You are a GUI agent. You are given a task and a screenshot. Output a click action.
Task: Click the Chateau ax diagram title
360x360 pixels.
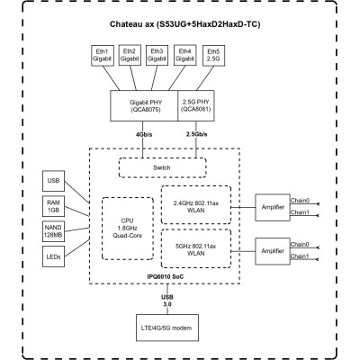pos(179,24)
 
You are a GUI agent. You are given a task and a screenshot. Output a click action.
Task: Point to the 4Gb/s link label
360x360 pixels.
pos(144,135)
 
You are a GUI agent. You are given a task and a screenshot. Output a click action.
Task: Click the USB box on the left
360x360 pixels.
pos(54,182)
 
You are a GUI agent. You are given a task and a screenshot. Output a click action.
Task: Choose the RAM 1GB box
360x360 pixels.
pos(54,208)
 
